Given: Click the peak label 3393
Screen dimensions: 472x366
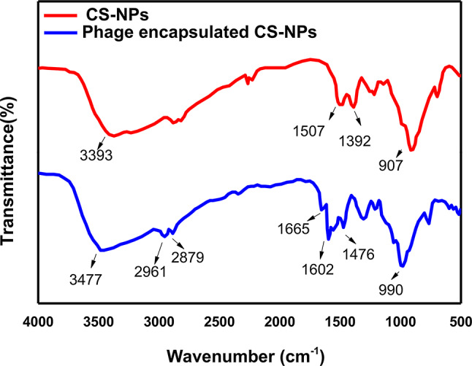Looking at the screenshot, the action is point(96,155).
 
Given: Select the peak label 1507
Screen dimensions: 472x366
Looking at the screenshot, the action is point(309,131).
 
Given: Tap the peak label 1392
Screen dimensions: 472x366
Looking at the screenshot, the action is point(355,141).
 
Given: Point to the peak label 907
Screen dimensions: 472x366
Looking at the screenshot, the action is point(391,166).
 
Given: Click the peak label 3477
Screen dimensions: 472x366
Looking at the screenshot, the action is point(85,280).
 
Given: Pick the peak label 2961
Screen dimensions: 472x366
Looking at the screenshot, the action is point(151,272).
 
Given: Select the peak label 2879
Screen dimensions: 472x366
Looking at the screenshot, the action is point(188,257).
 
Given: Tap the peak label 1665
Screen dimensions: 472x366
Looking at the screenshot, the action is point(294,229).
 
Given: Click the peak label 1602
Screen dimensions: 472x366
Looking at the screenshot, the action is point(318,270).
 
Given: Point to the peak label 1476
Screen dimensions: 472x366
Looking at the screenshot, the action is point(359,254).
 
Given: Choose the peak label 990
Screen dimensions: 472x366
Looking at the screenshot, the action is point(391,290).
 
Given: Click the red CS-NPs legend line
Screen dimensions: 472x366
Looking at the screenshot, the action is point(61,15).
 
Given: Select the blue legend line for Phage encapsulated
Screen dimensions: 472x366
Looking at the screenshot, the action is point(61,33).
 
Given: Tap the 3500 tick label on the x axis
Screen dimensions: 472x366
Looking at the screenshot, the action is point(99,322).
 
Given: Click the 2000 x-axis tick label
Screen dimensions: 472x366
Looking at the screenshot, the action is point(280,322).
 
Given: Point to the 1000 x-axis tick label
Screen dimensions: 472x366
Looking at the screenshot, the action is point(400,322).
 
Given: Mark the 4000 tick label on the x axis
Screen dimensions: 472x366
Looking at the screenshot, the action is point(38,322).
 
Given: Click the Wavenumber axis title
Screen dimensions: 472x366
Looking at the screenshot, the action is point(245,357).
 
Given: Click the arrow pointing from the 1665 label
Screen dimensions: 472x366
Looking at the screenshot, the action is point(316,217).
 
